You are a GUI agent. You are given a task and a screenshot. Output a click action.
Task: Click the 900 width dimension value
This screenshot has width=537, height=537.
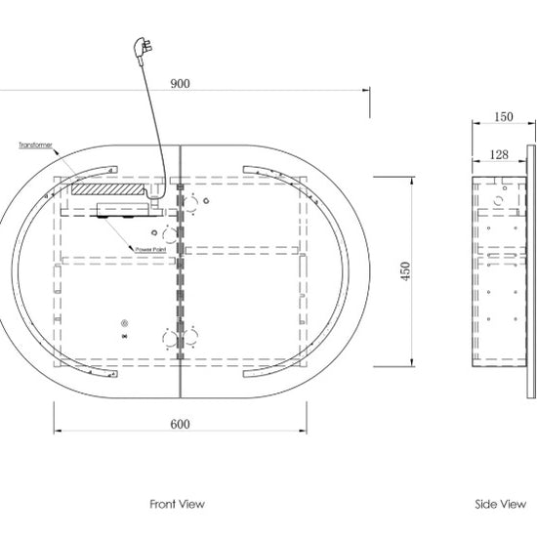[181, 84]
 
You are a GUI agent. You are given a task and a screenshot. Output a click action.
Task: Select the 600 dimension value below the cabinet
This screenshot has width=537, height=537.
[181, 425]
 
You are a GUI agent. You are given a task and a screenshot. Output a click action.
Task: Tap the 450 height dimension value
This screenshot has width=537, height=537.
[405, 271]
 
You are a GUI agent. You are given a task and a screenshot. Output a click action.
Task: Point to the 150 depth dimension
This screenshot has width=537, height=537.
[504, 117]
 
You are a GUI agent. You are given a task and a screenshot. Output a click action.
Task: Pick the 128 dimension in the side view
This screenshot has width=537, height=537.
[499, 155]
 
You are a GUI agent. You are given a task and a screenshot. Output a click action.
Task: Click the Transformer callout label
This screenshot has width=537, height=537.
[35, 145]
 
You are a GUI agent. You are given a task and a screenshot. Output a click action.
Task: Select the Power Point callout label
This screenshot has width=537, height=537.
[150, 250]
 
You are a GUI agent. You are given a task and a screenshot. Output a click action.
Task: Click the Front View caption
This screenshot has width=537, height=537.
[177, 504]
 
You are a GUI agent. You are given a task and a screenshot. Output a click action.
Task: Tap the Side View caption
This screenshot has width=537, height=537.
[500, 504]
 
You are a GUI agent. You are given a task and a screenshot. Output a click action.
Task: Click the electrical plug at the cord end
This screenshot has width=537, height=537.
[143, 50]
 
